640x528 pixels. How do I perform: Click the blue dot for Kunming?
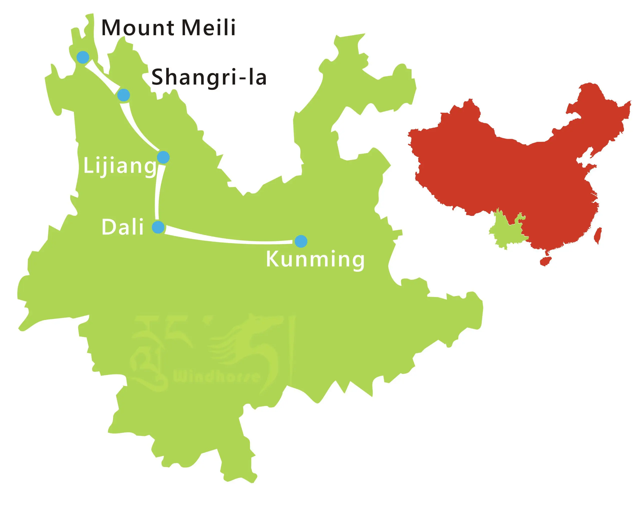pyautogui.click(x=300, y=241)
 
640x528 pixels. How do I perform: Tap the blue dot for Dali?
pyautogui.click(x=158, y=227)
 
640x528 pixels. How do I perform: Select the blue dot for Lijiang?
pyautogui.click(x=163, y=157)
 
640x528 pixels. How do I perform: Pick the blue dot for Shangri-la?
pyautogui.click(x=123, y=95)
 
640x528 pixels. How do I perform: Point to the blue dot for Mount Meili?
pyautogui.click(x=83, y=57)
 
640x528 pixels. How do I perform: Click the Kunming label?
pyautogui.click(x=315, y=259)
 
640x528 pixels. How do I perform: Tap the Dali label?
pyautogui.click(x=122, y=227)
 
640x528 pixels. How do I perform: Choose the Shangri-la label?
pyautogui.click(x=209, y=77)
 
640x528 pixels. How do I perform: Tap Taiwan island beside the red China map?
pyautogui.click(x=598, y=235)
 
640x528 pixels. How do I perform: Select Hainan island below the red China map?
pyautogui.click(x=546, y=261)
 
